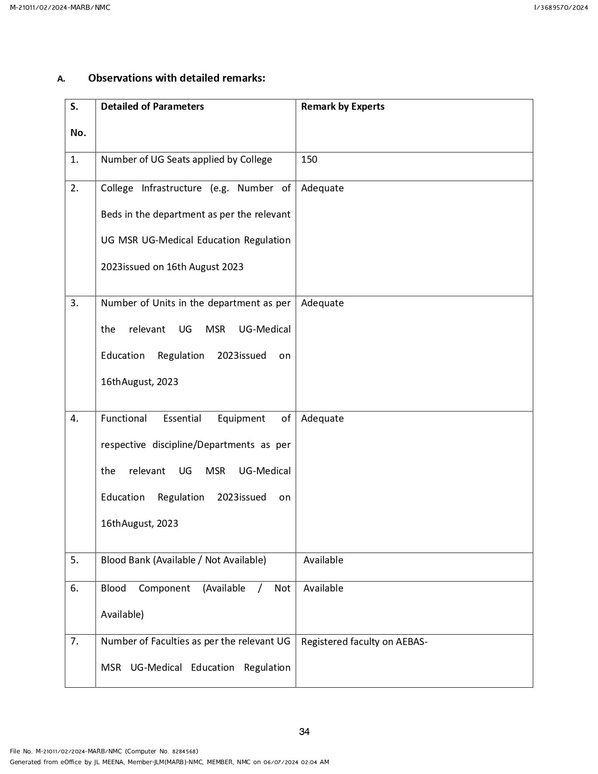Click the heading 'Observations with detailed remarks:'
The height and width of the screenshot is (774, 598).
[176, 78]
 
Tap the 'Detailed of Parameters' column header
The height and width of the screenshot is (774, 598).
[152, 106]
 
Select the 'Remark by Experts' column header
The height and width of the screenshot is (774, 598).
[342, 106]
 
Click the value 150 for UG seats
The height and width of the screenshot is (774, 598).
[309, 159]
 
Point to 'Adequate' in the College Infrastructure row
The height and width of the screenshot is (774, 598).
[322, 188]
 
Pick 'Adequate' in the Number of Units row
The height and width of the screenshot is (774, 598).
[322, 303]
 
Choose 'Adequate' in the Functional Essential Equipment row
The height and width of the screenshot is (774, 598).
[322, 418]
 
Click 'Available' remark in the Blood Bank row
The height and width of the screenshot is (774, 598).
[323, 560]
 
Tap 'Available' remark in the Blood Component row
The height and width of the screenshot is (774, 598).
[323, 588]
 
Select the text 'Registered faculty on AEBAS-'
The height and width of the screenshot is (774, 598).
[364, 642]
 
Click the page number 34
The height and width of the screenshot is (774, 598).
[304, 732]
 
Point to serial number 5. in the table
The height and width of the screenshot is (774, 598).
[75, 560]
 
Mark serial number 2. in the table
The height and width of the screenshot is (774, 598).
[75, 188]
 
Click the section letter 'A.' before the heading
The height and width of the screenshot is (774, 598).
[61, 79]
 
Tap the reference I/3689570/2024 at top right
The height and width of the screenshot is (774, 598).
[560, 8]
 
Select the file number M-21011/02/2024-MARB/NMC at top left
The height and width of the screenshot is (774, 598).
[60, 8]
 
